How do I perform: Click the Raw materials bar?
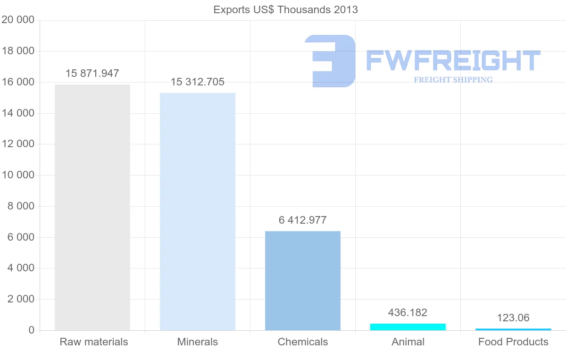[92, 208]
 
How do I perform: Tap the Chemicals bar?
[303, 281]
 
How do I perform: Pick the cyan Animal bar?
[408, 327]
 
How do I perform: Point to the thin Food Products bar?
[513, 329]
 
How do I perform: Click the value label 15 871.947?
[92, 74]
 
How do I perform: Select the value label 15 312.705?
[198, 82]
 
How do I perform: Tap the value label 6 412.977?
[303, 220]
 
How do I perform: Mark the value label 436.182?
[408, 312]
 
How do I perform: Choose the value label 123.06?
[513, 318]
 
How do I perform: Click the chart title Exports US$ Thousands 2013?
[286, 9]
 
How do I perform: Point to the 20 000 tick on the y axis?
[18, 20]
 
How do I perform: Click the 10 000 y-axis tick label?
[18, 175]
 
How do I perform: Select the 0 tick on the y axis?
[31, 330]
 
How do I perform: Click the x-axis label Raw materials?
[94, 342]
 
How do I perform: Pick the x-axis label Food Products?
[513, 342]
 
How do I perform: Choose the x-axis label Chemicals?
[303, 342]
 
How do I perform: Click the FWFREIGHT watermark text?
[453, 60]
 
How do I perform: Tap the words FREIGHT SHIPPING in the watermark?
[453, 80]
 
